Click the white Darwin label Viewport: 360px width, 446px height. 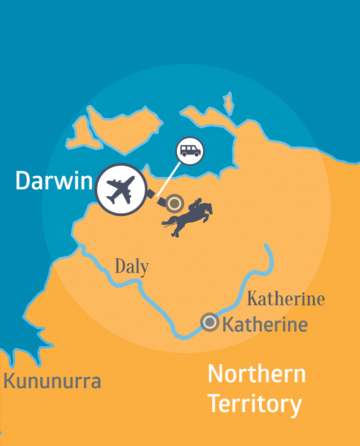[x=53, y=180]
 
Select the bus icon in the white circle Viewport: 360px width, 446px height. [x=190, y=151]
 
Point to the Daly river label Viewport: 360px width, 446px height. [x=132, y=267]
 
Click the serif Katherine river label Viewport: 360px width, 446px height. [x=286, y=300]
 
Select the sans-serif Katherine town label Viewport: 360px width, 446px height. [x=265, y=325]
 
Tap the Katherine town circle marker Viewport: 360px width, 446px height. [x=209, y=323]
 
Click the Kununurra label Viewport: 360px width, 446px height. [x=53, y=381]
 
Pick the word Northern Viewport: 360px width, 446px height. [x=257, y=374]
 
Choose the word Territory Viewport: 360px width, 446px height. [x=255, y=404]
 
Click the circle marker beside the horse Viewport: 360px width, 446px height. [x=175, y=204]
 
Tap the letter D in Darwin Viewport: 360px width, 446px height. [x=22, y=180]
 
